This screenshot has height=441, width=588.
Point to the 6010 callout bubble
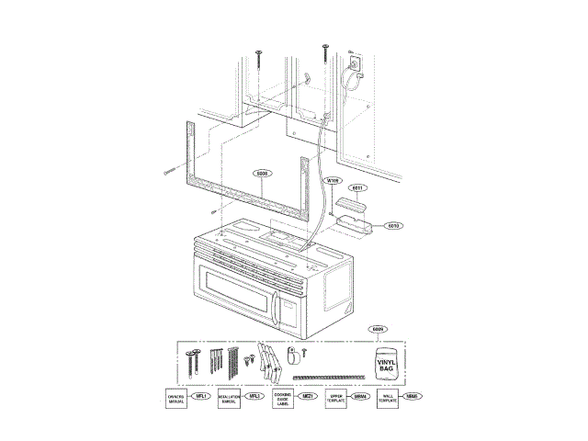click(x=392, y=225)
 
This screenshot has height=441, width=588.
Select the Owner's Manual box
click(x=175, y=398)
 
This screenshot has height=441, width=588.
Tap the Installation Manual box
click(x=229, y=398)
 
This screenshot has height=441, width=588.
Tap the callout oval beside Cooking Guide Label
click(x=309, y=396)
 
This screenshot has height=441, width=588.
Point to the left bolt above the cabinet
click(x=260, y=56)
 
